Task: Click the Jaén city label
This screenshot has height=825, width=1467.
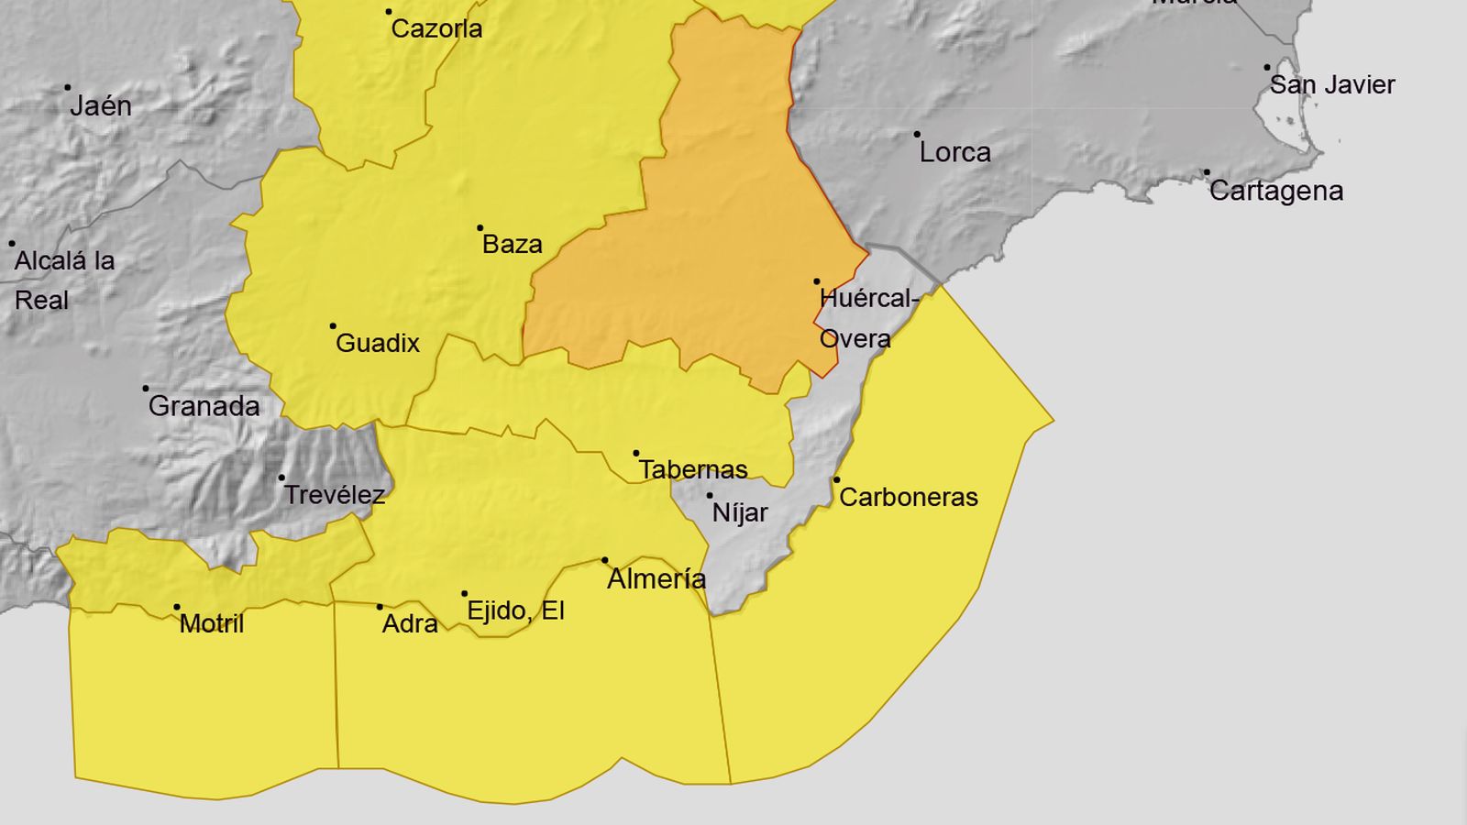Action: point(101,106)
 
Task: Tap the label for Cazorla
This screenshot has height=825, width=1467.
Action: point(436,28)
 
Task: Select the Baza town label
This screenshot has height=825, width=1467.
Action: point(513,245)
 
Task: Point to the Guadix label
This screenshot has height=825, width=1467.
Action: point(378,344)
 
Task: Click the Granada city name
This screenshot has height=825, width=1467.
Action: point(204,406)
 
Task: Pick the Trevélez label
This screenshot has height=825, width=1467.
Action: point(334,495)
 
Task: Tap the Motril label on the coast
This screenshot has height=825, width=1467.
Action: point(212,624)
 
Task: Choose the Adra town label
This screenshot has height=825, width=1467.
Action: point(410,624)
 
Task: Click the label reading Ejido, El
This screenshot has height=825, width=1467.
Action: point(515,610)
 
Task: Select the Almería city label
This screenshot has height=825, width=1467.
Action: point(656,579)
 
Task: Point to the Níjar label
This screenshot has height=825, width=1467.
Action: point(740,513)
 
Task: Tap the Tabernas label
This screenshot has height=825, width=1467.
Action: point(693,470)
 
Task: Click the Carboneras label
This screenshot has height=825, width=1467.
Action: point(909,498)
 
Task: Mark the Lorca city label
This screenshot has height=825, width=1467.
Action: point(955,152)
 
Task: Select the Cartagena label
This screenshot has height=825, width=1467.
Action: point(1276,192)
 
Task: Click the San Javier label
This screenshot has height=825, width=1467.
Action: point(1332,85)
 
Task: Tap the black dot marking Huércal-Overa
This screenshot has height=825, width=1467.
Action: point(817,282)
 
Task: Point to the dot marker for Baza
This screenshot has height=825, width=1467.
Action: point(480,228)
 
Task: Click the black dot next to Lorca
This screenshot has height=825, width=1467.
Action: point(917,135)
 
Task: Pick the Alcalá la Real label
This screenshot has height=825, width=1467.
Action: point(64,280)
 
